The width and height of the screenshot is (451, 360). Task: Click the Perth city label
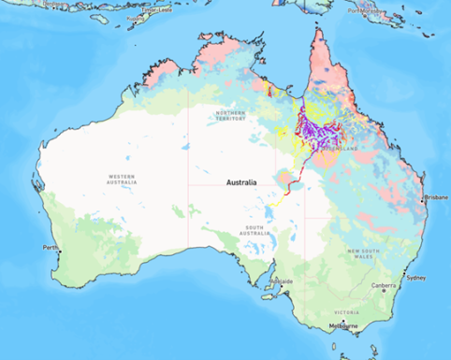[x=50, y=247]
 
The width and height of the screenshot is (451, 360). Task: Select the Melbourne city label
[x=343, y=325]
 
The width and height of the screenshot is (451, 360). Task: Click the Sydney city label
[x=415, y=278]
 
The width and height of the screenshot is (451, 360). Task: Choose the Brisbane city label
[x=435, y=197]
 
